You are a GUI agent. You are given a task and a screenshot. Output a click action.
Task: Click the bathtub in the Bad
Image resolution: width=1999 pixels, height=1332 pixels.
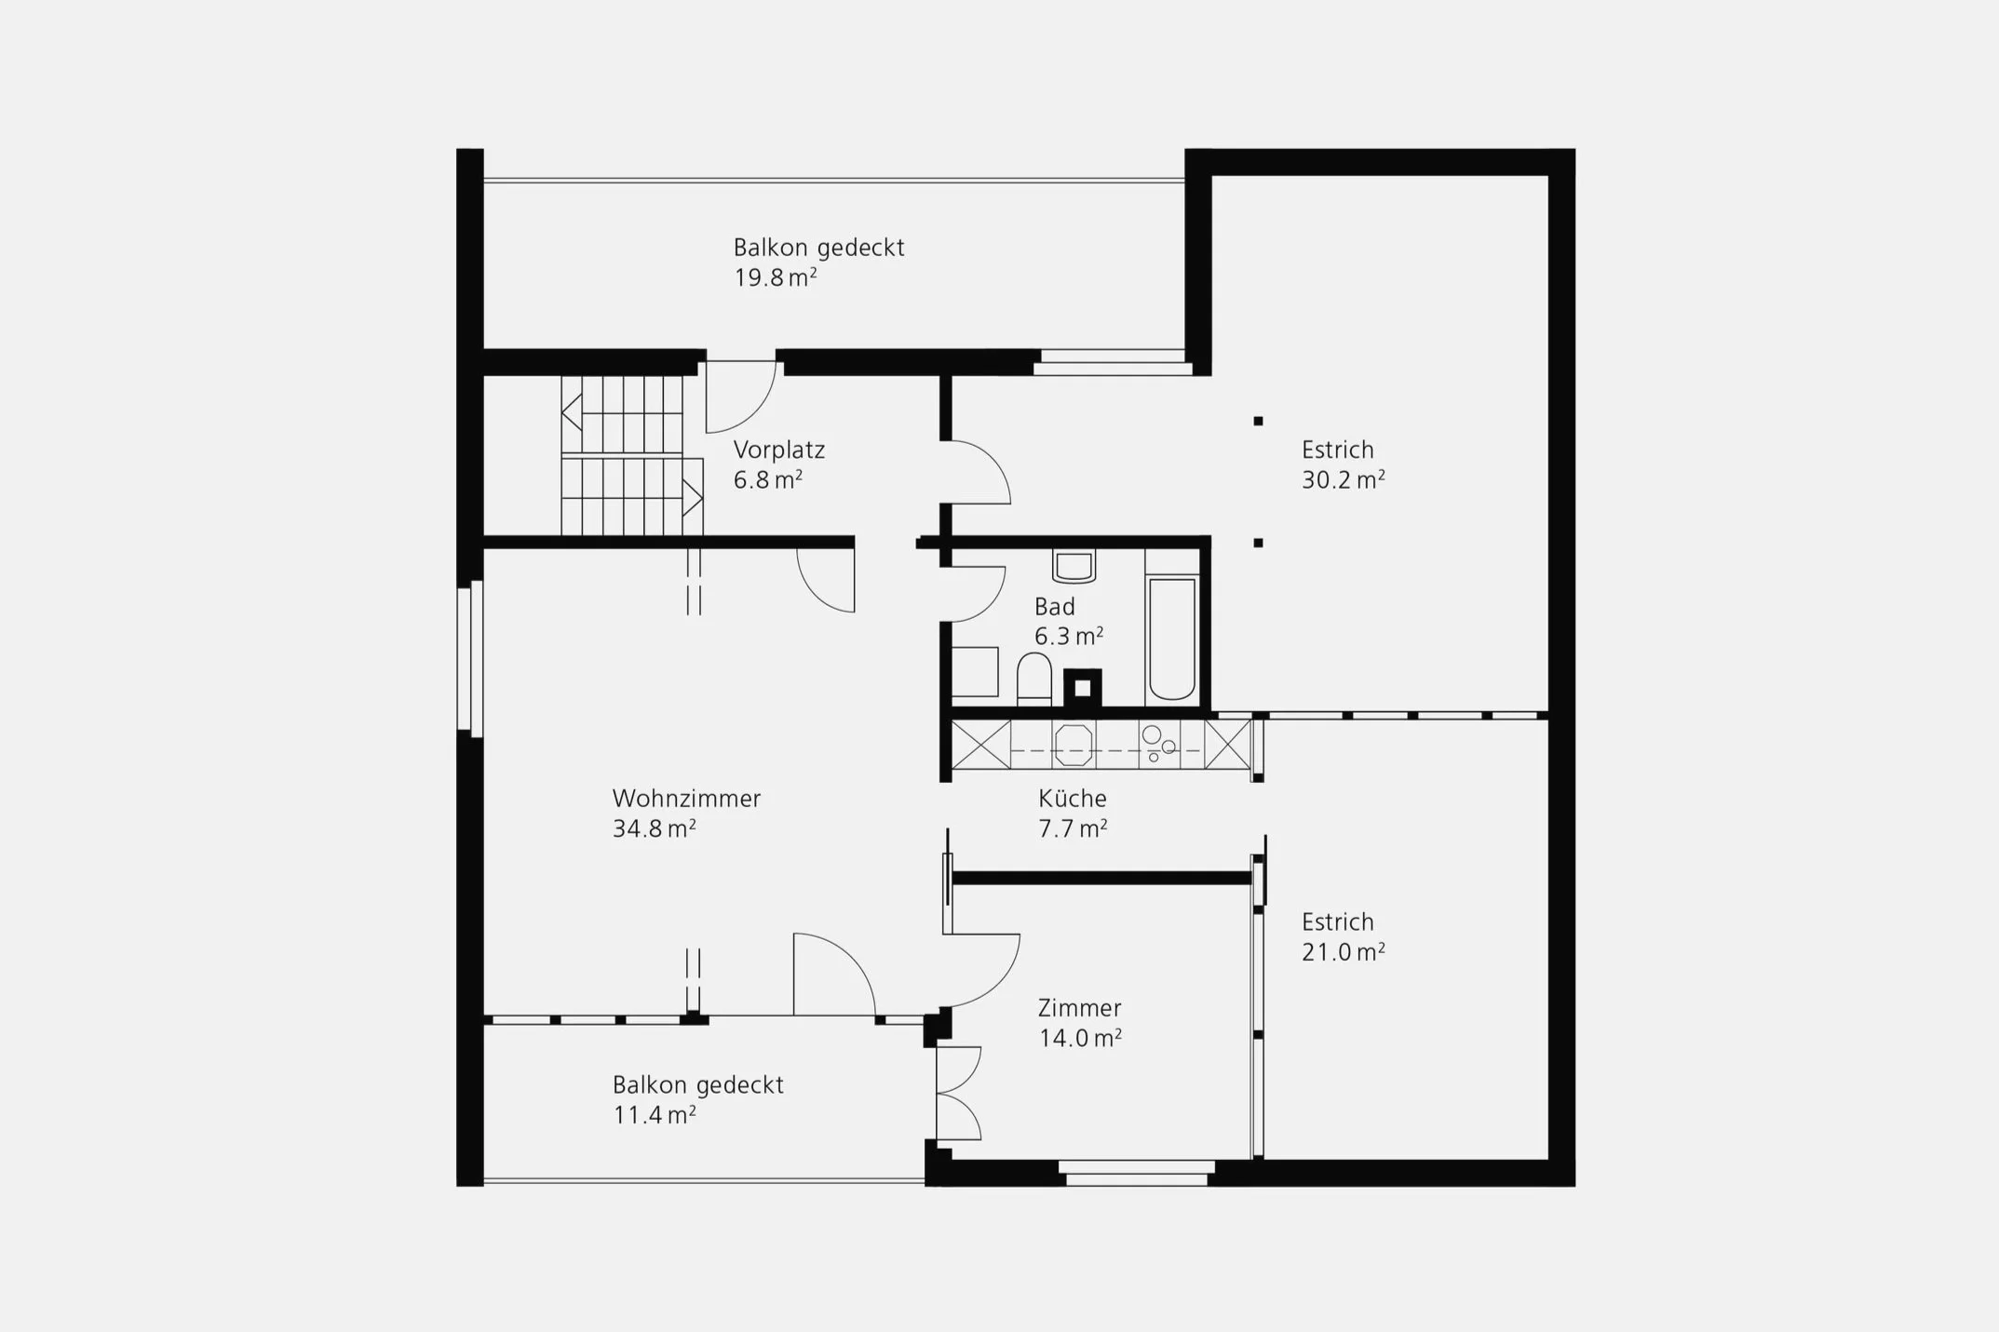point(1171,639)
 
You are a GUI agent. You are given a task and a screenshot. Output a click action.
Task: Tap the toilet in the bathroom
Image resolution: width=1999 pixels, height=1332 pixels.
point(1033,678)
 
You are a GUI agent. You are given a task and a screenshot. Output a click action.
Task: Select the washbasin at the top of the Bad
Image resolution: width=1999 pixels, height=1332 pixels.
point(1074,566)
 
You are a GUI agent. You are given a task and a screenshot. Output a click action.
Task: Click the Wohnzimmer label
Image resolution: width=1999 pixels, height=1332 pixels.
point(686,799)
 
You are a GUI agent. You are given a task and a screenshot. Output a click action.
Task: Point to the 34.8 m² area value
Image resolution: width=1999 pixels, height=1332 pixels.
point(654,828)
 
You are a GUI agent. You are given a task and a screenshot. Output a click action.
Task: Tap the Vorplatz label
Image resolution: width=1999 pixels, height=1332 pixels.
point(779,451)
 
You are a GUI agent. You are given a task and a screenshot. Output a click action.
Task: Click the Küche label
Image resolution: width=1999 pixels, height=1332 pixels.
point(1073,799)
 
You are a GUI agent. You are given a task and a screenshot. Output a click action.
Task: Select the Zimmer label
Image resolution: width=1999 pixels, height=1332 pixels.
point(1080,1008)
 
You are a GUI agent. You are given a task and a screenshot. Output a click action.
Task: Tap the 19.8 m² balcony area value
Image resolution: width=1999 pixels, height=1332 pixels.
point(776,277)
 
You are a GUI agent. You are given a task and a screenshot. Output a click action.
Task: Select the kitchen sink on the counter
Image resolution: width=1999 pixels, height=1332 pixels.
point(1073,745)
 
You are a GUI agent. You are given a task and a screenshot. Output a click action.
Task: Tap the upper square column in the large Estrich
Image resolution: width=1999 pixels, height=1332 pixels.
point(1258,421)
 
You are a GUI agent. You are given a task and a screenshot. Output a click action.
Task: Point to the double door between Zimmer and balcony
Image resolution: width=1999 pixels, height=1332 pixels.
point(959,1093)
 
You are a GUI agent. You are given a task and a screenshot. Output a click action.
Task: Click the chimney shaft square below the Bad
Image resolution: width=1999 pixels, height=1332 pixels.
point(1083,688)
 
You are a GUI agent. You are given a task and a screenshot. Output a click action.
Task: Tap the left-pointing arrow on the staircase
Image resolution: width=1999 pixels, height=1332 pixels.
point(572,411)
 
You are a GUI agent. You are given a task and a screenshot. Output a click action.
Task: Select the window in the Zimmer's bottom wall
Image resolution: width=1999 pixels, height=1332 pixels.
point(1137,1173)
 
